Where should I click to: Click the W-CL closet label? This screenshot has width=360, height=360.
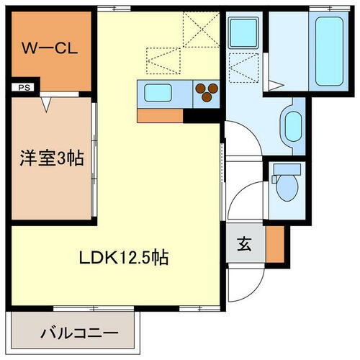(49, 49)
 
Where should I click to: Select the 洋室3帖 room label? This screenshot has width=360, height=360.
(50, 159)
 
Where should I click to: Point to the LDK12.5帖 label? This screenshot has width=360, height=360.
(120, 256)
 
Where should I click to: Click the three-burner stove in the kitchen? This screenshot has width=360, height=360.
(207, 91)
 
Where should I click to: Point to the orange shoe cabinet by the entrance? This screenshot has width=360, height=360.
(274, 243)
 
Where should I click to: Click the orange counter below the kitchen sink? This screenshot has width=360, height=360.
(160, 114)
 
